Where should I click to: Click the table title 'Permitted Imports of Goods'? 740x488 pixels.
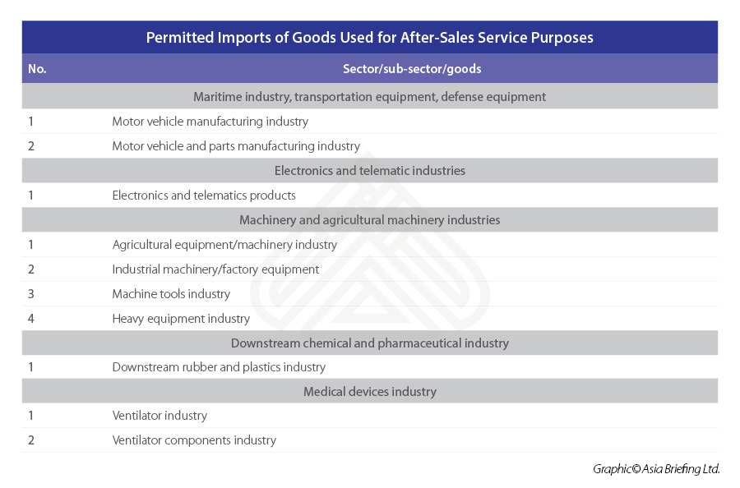pos(369,38)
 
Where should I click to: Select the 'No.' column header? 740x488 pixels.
pos(37,69)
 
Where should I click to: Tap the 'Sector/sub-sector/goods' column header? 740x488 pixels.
pos(412,69)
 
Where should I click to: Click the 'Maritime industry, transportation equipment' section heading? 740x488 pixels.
pos(369,97)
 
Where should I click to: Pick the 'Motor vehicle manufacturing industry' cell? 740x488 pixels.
pos(210,122)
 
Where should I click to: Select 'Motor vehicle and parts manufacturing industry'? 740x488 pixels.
pos(236,146)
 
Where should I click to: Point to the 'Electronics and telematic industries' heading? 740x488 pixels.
pos(369,171)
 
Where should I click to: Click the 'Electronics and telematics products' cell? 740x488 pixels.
pos(204,196)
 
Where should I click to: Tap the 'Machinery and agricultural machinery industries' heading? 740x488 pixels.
pos(369,220)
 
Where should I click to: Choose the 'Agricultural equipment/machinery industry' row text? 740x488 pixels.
pos(224,245)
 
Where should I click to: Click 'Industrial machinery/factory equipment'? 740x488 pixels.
pos(215,269)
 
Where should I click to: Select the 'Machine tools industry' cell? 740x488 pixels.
pos(171,294)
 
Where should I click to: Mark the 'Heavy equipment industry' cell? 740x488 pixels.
pos(181,319)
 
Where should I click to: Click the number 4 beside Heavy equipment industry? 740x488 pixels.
pos(31,319)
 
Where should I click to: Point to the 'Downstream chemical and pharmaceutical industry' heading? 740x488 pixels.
pos(369,343)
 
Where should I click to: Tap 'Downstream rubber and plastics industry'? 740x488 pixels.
pos(219,367)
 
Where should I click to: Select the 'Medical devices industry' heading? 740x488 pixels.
pos(369,392)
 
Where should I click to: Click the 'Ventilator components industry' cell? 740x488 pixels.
pos(194,440)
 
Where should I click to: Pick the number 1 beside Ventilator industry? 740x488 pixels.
pos(31,416)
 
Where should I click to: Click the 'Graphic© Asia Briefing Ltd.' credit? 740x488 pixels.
pos(656,469)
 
